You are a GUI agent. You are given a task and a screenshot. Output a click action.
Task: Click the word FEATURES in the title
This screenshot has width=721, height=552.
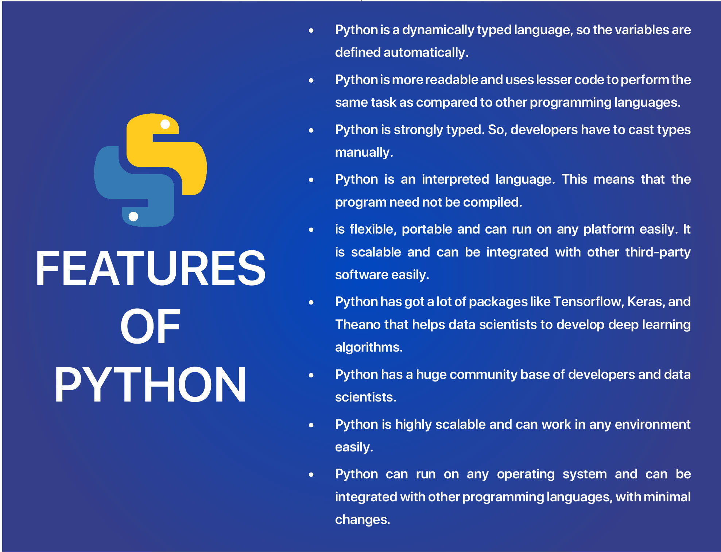point(150,268)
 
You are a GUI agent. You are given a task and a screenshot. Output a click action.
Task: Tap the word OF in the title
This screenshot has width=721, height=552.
point(150,326)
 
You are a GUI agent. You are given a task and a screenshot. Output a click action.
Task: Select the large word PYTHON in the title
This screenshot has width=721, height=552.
point(150,384)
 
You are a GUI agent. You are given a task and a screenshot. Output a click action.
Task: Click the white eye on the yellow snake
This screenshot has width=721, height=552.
point(165,124)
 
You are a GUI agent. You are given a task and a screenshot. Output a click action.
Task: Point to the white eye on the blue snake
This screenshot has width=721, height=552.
point(133,216)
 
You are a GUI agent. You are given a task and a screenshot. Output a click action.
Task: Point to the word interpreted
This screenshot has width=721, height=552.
point(455,180)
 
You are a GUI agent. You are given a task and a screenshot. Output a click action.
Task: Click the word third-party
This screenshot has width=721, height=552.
point(658,252)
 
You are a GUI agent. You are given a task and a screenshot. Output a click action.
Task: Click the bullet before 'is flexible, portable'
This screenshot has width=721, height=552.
point(311,230)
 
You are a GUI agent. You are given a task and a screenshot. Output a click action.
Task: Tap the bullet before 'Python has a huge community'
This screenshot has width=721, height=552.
point(311,375)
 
